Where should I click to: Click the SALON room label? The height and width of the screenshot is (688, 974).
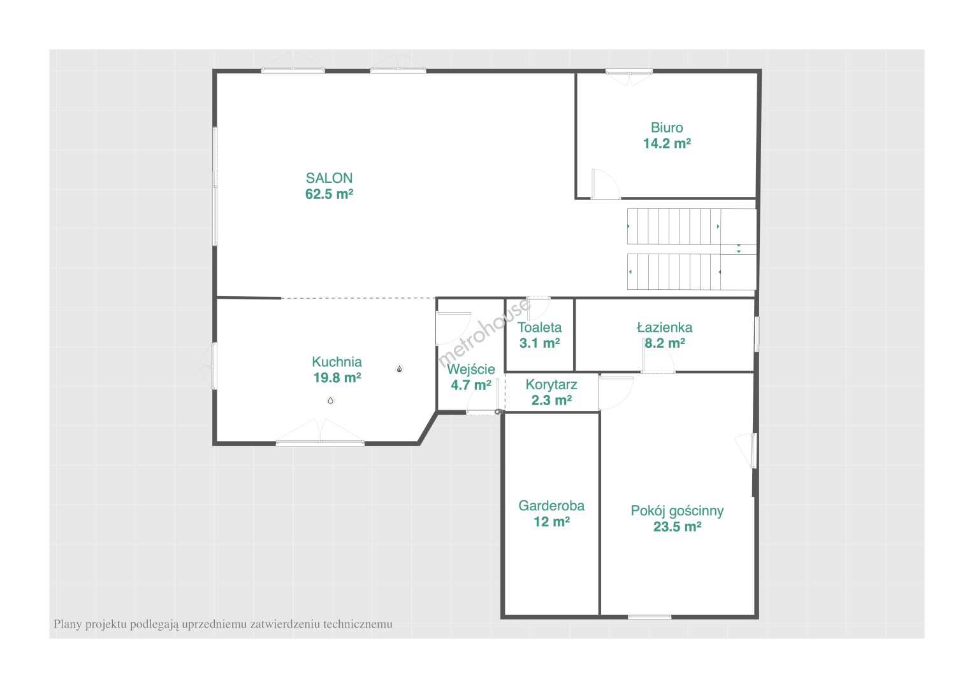(329, 178)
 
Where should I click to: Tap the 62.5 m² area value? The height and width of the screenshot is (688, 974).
(329, 194)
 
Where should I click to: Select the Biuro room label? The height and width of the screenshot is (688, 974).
(667, 128)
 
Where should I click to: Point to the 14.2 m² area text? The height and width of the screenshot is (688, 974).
(667, 143)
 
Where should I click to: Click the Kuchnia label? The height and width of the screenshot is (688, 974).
(337, 362)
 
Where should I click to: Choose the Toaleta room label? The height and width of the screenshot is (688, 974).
(539, 327)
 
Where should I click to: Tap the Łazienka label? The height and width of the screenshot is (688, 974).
(664, 327)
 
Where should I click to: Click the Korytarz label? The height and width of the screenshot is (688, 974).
(551, 385)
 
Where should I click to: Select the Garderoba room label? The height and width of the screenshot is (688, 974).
(551, 505)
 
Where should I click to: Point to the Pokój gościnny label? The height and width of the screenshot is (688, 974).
(677, 511)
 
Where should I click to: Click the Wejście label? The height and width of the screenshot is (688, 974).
(471, 369)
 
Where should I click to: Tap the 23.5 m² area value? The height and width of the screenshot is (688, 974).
(677, 527)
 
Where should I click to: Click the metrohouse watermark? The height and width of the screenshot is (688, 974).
(484, 333)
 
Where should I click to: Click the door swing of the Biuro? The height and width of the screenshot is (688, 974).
(606, 184)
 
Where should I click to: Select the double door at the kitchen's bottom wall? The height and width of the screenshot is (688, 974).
(320, 431)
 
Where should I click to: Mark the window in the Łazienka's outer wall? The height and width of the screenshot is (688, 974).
(757, 334)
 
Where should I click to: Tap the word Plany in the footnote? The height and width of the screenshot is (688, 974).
(68, 624)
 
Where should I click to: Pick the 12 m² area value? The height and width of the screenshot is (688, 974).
(551, 522)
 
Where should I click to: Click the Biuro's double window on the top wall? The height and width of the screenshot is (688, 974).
(629, 77)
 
